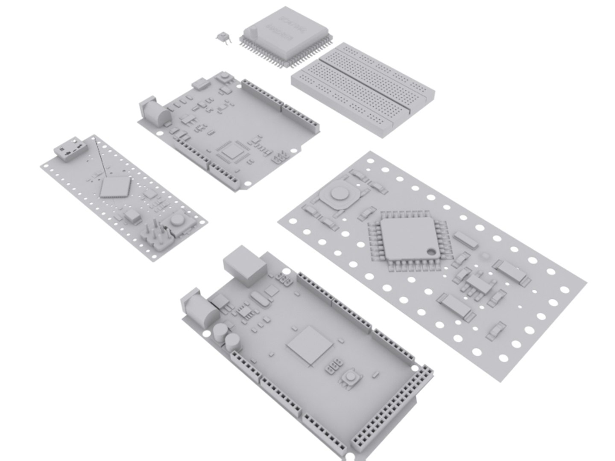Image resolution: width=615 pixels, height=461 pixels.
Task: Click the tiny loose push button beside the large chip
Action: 223,38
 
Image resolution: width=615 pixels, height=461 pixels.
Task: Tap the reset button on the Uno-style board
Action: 223,78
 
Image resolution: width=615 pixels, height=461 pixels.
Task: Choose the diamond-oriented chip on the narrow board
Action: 114,187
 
